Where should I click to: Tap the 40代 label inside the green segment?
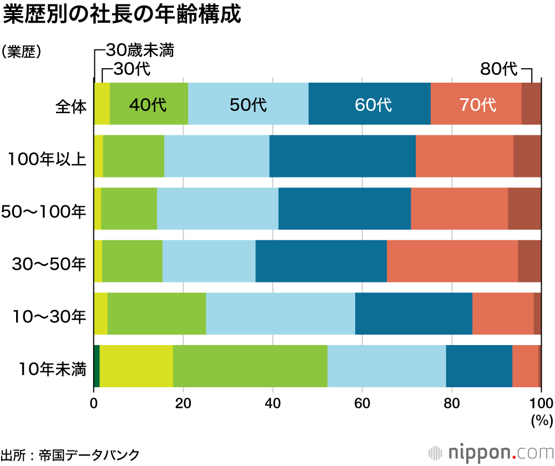tap(148, 104)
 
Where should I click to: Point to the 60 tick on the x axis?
tap(362, 403)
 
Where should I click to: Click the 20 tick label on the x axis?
tap(183, 403)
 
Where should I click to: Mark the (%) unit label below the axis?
tap(539, 421)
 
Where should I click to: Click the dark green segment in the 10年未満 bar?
tap(97, 366)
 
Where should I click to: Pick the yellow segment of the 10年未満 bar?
tap(136, 366)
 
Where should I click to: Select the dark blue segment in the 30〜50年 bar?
tap(321, 261)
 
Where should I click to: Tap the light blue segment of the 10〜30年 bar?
tap(280, 313)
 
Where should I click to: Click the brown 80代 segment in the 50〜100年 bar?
tap(524, 209)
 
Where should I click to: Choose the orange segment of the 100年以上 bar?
tap(465, 156)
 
